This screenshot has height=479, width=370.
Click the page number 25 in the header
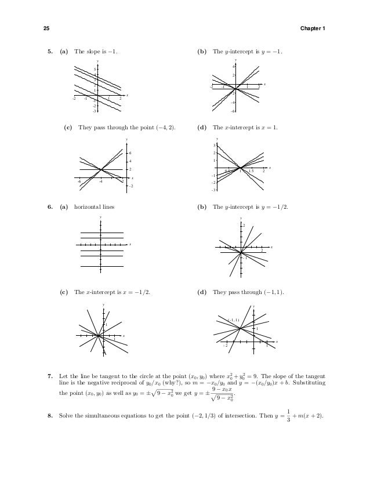click(46, 28)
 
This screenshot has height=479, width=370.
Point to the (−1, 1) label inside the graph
click(233, 320)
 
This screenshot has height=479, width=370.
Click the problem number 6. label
click(50, 207)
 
